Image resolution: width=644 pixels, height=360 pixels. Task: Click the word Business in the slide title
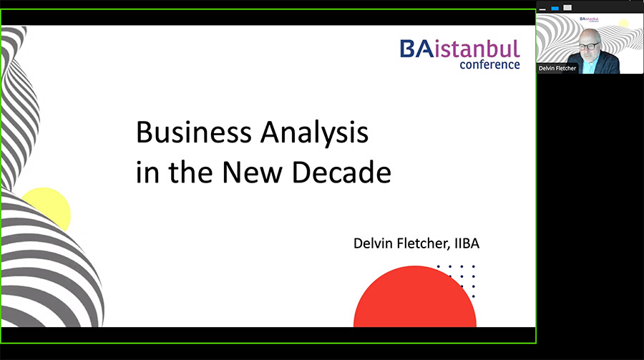click(193, 132)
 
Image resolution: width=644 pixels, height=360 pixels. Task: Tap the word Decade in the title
click(341, 172)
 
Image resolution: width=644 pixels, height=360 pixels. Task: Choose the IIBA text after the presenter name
click(467, 243)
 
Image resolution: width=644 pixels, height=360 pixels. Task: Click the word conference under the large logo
click(490, 65)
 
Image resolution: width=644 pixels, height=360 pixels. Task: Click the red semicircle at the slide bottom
click(415, 297)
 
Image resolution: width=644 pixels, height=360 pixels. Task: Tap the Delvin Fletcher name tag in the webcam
click(557, 68)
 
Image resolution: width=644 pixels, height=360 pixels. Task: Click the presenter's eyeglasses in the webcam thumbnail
click(589, 46)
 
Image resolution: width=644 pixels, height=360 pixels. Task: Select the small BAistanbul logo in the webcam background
click(590, 19)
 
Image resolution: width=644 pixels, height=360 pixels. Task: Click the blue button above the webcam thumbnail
click(555, 8)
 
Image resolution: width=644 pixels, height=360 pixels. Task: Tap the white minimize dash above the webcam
click(542, 9)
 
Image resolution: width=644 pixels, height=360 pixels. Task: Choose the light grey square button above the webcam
click(567, 7)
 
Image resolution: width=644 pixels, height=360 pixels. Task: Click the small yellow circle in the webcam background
click(624, 23)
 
